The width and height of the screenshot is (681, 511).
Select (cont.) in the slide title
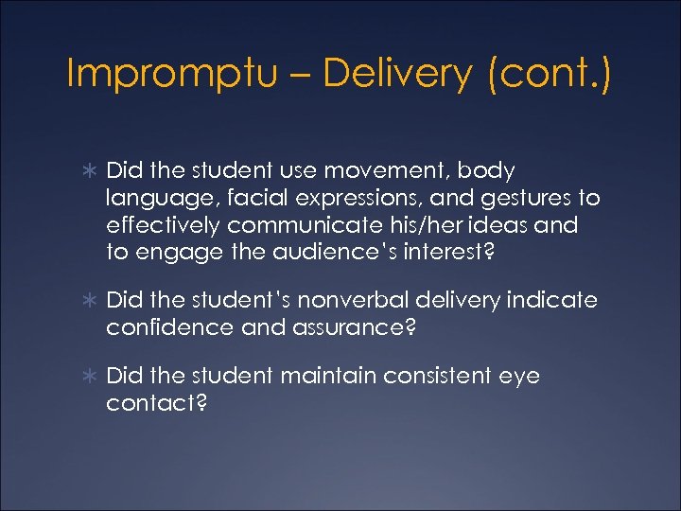point(550,74)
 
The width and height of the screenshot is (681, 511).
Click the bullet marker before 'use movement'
point(89,171)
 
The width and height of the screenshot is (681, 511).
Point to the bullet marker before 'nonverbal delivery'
point(89,301)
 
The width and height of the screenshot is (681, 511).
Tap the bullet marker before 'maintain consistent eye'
point(89,377)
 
